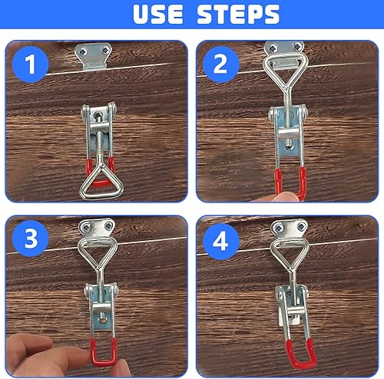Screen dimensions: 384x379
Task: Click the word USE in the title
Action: pyautogui.click(x=158, y=15)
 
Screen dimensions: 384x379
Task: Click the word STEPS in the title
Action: pyautogui.click(x=238, y=15)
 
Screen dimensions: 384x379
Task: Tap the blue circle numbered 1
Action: pyautogui.click(x=31, y=64)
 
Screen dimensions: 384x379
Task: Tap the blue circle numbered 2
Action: pyautogui.click(x=220, y=64)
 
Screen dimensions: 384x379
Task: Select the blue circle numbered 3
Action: pyautogui.click(x=31, y=239)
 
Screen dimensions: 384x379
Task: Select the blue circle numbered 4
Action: pyautogui.click(x=220, y=242)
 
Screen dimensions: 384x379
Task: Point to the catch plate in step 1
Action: pyautogui.click(x=93, y=56)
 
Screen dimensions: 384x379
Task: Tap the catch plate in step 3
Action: pyautogui.click(x=97, y=229)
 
